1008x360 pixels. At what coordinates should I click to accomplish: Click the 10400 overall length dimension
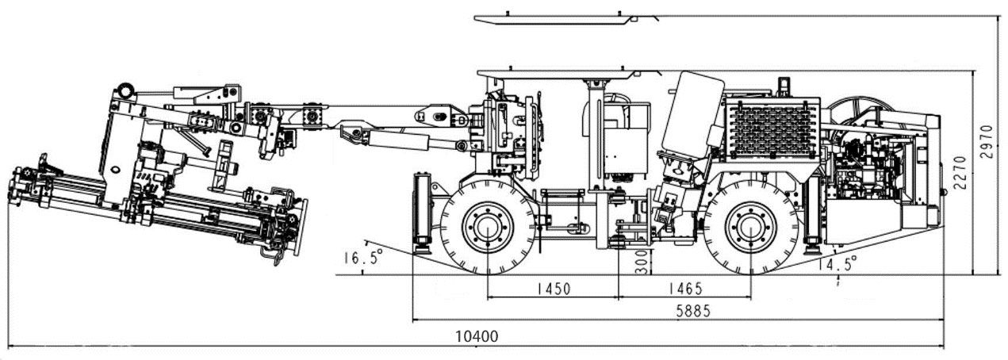click(477, 336)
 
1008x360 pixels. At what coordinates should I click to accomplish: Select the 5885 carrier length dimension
click(693, 311)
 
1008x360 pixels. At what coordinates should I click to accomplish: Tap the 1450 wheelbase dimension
click(554, 289)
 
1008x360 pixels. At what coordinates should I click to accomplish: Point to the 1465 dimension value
click(685, 289)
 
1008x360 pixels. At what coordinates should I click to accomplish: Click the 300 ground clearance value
click(643, 262)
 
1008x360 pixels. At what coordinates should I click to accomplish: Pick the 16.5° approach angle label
click(363, 258)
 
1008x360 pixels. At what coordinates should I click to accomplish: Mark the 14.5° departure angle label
click(837, 263)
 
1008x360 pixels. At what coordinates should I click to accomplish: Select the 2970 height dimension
click(987, 141)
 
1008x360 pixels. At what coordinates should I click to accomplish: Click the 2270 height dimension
click(960, 173)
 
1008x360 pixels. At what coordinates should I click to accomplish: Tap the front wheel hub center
click(488, 228)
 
